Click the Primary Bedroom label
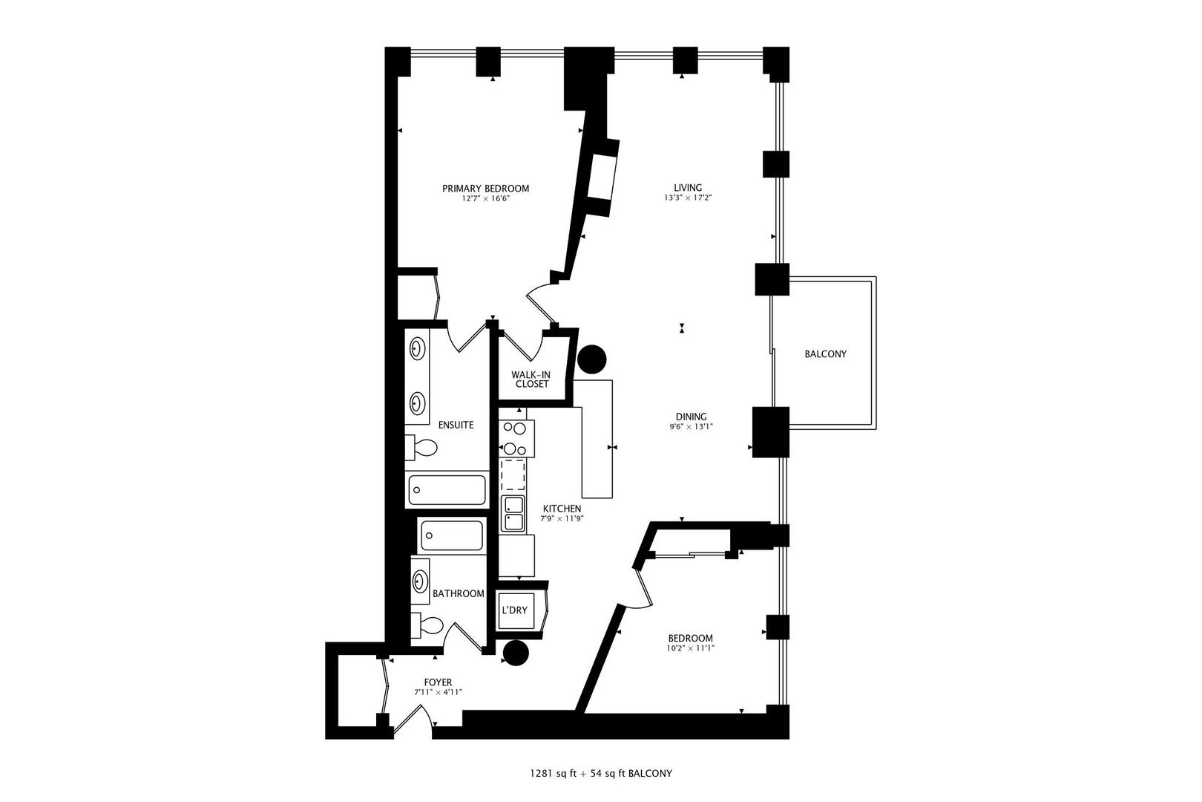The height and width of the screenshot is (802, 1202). (x=485, y=189)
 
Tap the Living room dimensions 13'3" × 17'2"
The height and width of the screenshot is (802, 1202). (x=688, y=198)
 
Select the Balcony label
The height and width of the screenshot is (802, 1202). (x=825, y=354)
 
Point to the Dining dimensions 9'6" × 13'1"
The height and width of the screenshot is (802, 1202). (x=690, y=427)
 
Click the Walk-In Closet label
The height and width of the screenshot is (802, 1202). (x=531, y=379)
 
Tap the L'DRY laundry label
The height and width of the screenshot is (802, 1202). (x=514, y=610)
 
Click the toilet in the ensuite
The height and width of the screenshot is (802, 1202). (x=423, y=448)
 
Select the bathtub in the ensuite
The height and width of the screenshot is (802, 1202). (x=447, y=490)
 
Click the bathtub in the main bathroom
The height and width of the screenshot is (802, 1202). (x=451, y=535)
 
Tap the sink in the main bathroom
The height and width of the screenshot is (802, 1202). (x=421, y=581)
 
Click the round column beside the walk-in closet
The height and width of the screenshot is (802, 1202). (x=591, y=360)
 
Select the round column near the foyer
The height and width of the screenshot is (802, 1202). (x=515, y=653)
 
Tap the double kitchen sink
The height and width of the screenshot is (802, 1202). (x=513, y=513)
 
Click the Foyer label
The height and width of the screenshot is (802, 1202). (x=438, y=682)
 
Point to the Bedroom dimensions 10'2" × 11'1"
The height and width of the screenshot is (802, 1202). (x=690, y=648)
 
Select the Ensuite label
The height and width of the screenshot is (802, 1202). (x=456, y=426)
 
